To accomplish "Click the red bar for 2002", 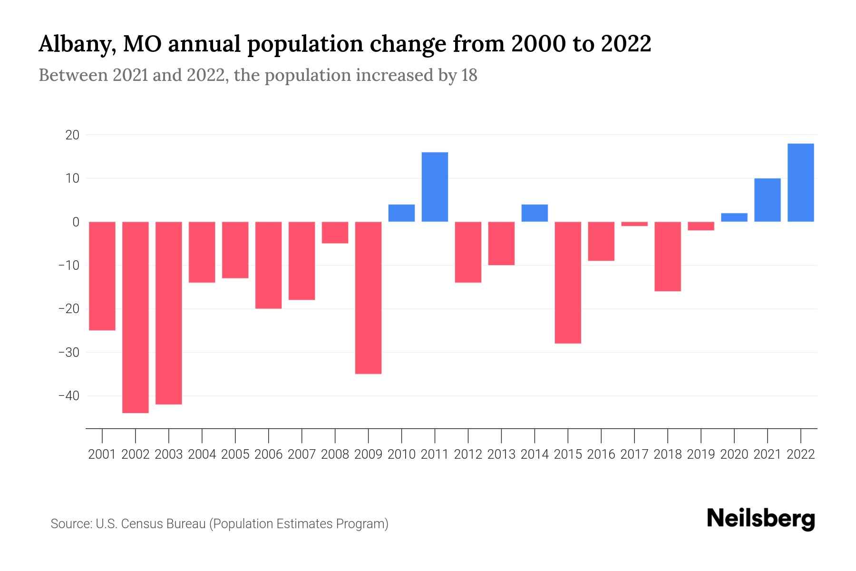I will tap(136, 317).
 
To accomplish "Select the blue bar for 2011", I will tap(435, 187).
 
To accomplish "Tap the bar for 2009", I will tap(368, 297).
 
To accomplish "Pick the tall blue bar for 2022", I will tap(801, 183).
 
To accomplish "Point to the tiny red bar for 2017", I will tap(634, 224).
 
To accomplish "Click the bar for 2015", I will tap(568, 282).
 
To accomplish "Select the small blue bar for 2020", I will tap(734, 217).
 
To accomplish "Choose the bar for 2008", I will tap(335, 232).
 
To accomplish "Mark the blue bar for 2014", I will tap(535, 213).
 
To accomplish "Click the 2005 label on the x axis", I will tap(235, 454).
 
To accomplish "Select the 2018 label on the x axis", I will tap(668, 454).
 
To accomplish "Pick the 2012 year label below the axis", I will tap(468, 454).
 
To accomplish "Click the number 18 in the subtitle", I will tap(468, 76).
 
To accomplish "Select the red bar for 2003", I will tap(169, 313).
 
